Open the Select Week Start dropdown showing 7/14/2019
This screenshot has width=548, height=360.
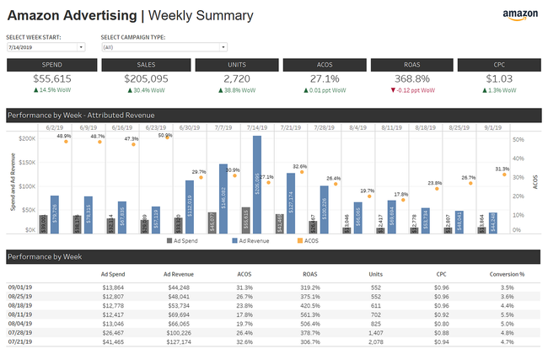click(46, 47)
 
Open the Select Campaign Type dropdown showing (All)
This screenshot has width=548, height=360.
click(152, 47)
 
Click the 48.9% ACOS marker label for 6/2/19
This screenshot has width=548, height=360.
click(64, 136)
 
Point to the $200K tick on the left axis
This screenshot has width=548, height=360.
click(25, 137)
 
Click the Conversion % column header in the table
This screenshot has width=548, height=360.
click(508, 273)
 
